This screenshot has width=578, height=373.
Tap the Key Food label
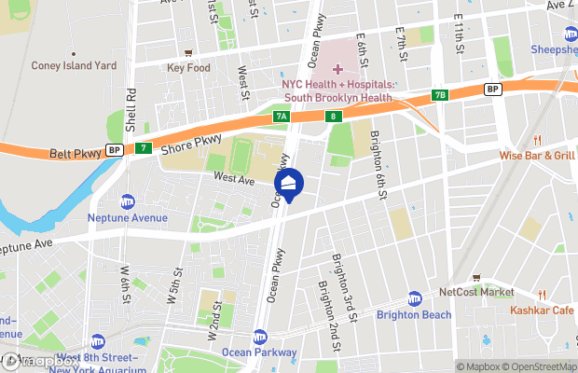pyautogui.click(x=189, y=67)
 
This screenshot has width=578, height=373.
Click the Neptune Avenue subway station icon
pyautogui.click(x=128, y=201)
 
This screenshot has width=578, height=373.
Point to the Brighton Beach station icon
pyautogui.click(x=415, y=299)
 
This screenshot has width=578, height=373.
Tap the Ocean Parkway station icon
pyautogui.click(x=260, y=337)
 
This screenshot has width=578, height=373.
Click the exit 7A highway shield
pyautogui.click(x=281, y=117)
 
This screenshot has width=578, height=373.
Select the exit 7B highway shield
pyautogui.click(x=440, y=95)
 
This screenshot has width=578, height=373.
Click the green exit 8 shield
pyautogui.click(x=333, y=116)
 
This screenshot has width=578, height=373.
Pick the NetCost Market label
pyautogui.click(x=475, y=292)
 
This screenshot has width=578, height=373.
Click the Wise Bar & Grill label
pyautogui.click(x=537, y=156)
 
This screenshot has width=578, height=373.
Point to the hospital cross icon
pyautogui.click(x=337, y=69)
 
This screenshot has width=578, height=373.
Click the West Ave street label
pyautogui.click(x=233, y=176)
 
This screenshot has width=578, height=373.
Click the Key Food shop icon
pyautogui.click(x=189, y=53)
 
